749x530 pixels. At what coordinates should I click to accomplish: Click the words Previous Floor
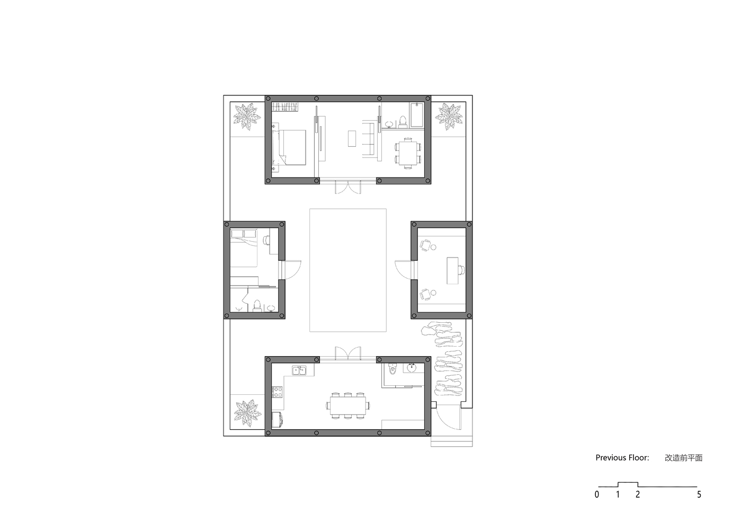point(622,458)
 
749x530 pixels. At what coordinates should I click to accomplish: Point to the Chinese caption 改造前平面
point(683,458)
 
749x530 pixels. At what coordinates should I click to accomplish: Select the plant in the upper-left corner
point(247,117)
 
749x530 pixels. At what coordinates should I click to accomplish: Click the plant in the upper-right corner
point(449,117)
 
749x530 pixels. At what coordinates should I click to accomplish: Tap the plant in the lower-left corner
point(247,413)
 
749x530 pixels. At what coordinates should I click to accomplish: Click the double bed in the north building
point(289,147)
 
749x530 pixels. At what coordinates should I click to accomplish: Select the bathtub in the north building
point(417,115)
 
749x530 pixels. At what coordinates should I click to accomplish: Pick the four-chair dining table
point(408,153)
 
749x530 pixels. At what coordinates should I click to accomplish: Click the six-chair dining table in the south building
point(347,405)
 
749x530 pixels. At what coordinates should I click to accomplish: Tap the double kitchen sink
point(299,370)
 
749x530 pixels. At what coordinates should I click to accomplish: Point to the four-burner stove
point(278,392)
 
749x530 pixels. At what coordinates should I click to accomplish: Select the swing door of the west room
point(291,270)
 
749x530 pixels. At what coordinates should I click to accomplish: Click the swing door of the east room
point(405,270)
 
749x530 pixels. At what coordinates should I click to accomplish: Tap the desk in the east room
point(452,270)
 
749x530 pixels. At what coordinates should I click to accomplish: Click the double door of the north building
point(348,187)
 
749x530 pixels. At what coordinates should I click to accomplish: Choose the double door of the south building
point(348,354)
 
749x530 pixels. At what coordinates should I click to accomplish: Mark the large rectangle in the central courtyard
point(347,209)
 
